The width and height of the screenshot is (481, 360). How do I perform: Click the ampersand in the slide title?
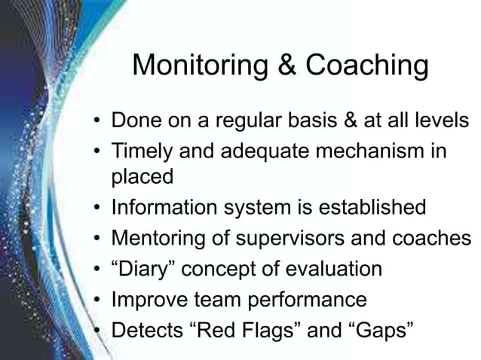285,66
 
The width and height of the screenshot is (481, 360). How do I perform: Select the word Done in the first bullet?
136,121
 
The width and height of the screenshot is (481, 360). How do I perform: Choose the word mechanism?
360,150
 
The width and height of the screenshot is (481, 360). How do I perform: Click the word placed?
142,178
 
